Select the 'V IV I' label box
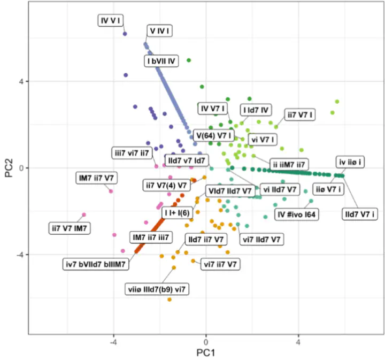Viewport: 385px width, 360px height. (x=160, y=31)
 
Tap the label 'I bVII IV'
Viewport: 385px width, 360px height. (x=161, y=61)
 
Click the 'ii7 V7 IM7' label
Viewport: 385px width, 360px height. (x=70, y=228)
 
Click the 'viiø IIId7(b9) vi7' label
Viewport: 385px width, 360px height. (x=158, y=289)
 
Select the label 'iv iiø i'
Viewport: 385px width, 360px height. (x=351, y=162)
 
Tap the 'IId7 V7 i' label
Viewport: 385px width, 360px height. (x=359, y=215)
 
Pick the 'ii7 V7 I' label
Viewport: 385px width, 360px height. (x=300, y=114)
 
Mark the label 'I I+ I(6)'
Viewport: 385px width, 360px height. (x=177, y=213)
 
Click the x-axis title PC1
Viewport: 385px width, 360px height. (x=205, y=353)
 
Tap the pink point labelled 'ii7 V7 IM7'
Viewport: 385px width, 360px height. (x=84, y=215)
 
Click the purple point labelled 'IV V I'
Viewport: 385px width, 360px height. (x=125, y=34)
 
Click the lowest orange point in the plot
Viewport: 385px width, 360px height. (x=170, y=299)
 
